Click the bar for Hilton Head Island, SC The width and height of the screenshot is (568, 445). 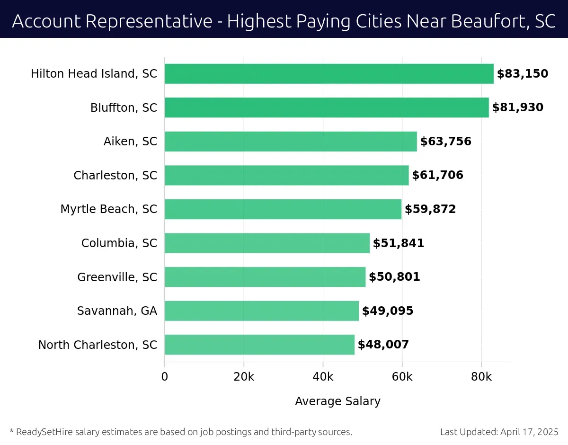(329, 74)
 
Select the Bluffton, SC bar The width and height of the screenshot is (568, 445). (327, 107)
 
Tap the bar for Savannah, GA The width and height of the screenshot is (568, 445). (262, 311)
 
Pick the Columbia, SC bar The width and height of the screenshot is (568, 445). (267, 243)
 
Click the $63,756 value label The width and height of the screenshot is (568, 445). (445, 142)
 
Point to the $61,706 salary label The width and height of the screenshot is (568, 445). (437, 176)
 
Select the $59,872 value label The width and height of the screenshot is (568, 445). (430, 209)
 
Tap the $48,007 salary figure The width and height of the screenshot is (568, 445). (383, 345)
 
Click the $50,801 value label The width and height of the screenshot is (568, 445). (394, 277)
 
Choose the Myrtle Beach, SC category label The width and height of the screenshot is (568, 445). (108, 209)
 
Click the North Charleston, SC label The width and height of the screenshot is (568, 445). (98, 345)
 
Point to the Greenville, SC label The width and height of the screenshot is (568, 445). (117, 277)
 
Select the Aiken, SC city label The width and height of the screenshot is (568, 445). (130, 142)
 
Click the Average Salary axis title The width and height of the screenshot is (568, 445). (337, 401)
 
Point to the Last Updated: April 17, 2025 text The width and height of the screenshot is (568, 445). (499, 432)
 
